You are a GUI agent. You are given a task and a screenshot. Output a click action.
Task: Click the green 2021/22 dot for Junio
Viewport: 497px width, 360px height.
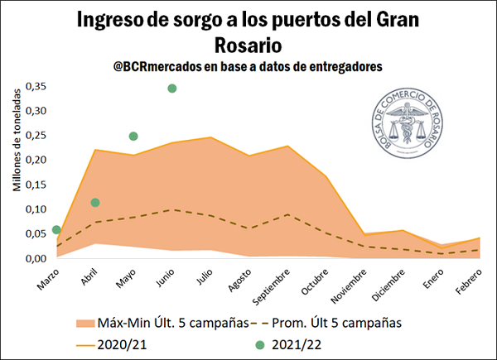172,89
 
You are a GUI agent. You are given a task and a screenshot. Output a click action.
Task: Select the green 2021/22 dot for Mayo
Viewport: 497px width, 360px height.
133,137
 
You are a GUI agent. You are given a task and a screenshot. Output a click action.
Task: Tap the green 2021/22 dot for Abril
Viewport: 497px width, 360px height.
95,203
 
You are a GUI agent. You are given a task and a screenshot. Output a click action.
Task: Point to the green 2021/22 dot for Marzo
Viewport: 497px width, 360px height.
56,230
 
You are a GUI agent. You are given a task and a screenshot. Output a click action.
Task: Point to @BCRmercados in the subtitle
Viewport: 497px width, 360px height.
160,68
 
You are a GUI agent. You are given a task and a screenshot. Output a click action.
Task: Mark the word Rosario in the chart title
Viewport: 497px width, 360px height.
248,44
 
